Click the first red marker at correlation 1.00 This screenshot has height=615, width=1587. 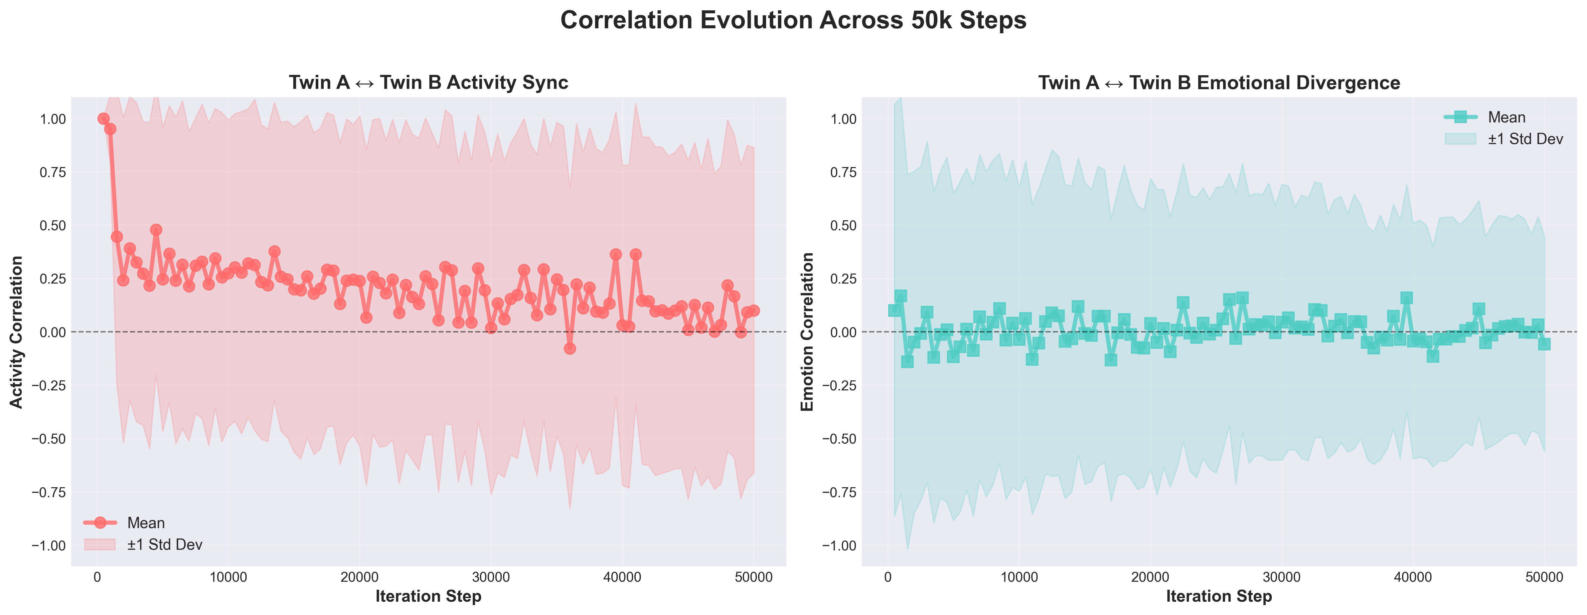point(103,119)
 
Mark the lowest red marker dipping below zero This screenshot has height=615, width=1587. point(570,348)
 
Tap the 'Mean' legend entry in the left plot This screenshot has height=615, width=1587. point(146,523)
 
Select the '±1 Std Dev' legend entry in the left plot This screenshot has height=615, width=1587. point(165,545)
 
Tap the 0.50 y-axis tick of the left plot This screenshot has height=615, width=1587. point(52,226)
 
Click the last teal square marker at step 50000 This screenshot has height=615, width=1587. point(1544,344)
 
